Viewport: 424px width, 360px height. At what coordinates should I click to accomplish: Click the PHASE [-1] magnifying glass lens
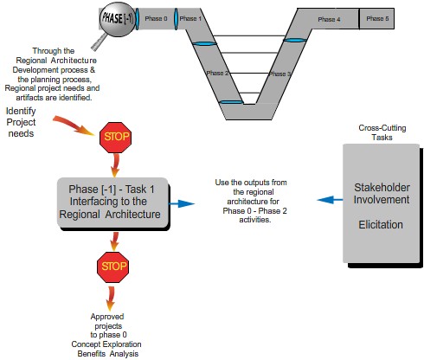point(118,19)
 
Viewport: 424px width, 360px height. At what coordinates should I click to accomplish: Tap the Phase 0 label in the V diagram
point(156,19)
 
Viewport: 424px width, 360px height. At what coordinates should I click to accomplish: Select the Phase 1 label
point(190,19)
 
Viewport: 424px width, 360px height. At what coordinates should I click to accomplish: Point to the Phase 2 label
point(217,73)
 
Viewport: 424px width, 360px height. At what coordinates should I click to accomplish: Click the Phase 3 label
point(279,74)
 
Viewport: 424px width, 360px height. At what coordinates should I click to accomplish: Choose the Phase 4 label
point(329,19)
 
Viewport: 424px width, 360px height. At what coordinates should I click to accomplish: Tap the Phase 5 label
point(377,19)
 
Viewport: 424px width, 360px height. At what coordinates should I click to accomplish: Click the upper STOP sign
point(115,138)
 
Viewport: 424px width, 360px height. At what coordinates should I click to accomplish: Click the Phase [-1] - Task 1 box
point(112,202)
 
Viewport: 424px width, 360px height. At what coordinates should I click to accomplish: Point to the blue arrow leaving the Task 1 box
point(182,203)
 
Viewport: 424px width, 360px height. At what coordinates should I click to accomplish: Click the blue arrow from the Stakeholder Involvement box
point(330,200)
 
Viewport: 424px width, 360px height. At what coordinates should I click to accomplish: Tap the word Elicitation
point(381,224)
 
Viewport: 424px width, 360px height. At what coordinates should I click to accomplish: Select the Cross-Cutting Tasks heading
point(382,132)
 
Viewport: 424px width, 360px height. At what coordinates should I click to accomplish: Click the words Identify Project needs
point(21,122)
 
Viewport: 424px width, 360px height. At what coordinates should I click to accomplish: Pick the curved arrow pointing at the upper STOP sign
point(74,125)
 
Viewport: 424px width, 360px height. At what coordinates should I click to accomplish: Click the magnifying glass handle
point(99,42)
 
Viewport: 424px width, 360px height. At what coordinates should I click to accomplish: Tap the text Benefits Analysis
point(108,354)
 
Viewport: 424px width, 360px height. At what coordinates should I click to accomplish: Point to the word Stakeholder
point(382,188)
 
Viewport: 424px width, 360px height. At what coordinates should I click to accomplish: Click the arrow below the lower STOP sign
point(111,299)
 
